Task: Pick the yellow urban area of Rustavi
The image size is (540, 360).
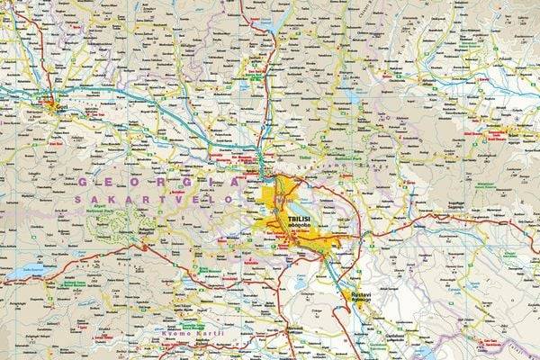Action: pos(354,294)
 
